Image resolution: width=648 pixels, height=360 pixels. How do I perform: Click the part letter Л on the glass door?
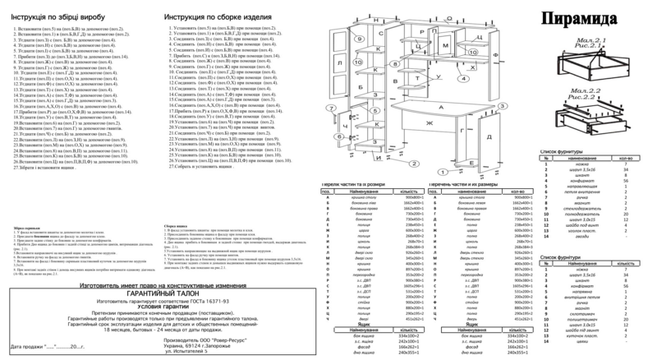[339, 62]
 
